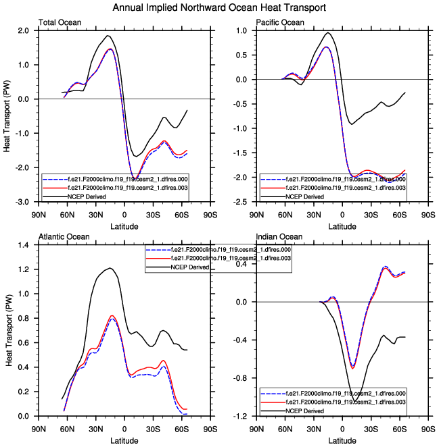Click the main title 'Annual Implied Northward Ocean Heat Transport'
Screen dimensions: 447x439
219,7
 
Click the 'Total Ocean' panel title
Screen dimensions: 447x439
60,23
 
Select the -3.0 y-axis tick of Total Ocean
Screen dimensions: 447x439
22,202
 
